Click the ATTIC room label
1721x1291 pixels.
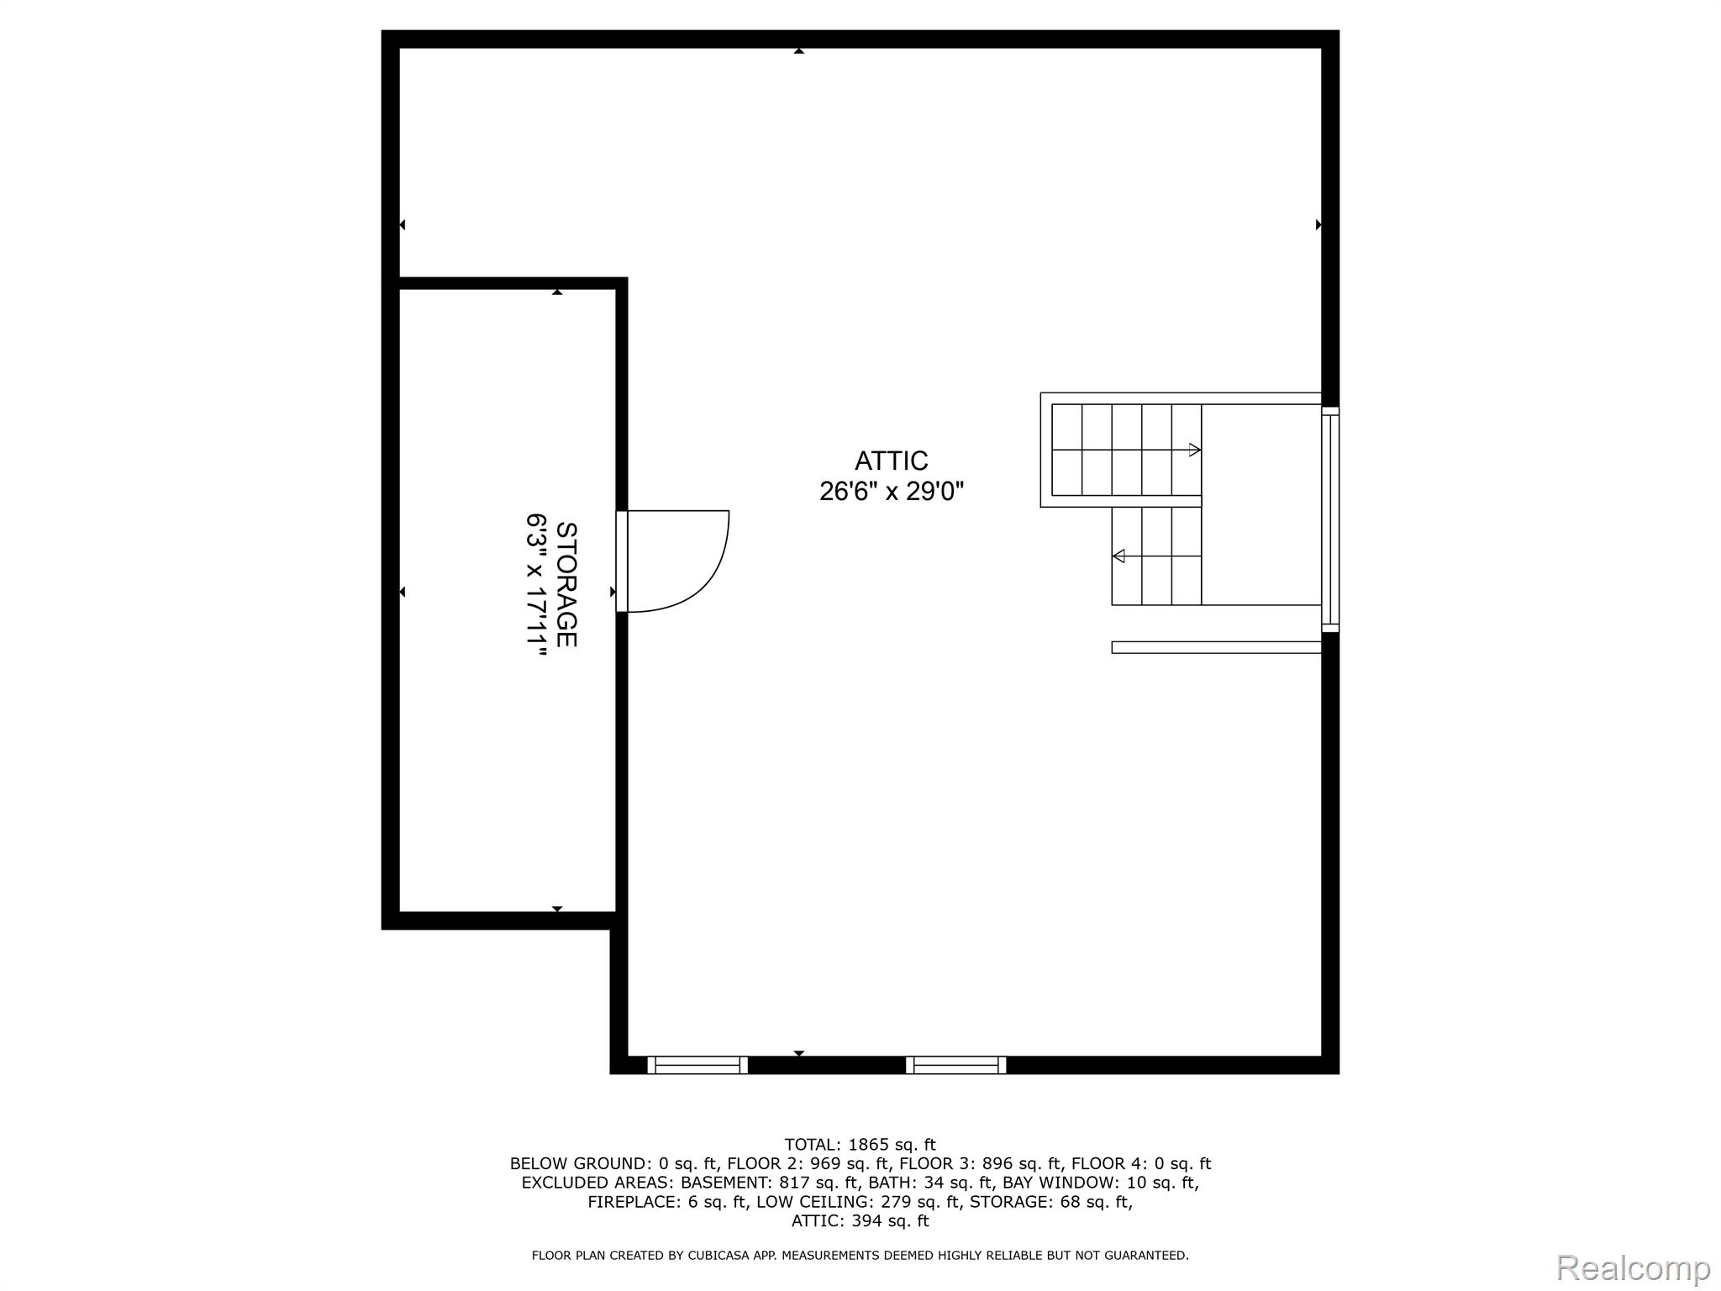click(x=891, y=461)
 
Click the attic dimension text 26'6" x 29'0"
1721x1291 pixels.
click(x=891, y=491)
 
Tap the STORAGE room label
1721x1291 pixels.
click(x=567, y=585)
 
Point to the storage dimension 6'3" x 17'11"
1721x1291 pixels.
click(x=537, y=585)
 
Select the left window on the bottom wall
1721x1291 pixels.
click(x=697, y=1065)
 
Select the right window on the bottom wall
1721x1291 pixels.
click(x=956, y=1065)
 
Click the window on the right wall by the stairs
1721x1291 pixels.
click(x=1330, y=519)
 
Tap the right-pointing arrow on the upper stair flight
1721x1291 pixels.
click(x=1194, y=450)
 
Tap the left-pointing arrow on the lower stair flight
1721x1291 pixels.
click(x=1118, y=556)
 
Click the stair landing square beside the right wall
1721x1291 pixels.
click(x=1260, y=504)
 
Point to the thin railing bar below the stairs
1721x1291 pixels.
click(x=1216, y=647)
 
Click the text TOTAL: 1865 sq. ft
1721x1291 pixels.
click(x=860, y=1145)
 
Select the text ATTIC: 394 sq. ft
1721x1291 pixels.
click(x=860, y=1220)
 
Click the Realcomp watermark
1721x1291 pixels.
click(x=1633, y=1267)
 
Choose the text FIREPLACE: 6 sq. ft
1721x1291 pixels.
click(x=667, y=1202)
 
